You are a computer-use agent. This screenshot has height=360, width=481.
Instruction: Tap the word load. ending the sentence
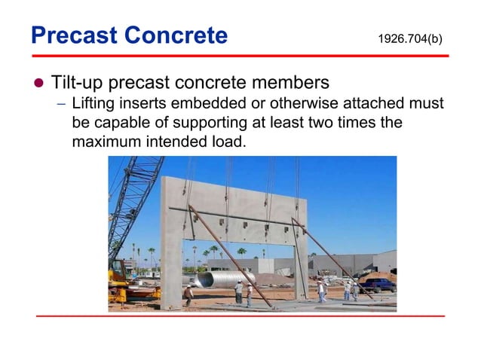point(229,140)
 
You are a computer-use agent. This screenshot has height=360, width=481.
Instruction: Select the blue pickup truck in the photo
point(379,285)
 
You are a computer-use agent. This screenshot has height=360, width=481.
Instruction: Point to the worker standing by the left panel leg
point(188,294)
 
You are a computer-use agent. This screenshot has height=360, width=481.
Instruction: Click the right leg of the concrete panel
point(301,256)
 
